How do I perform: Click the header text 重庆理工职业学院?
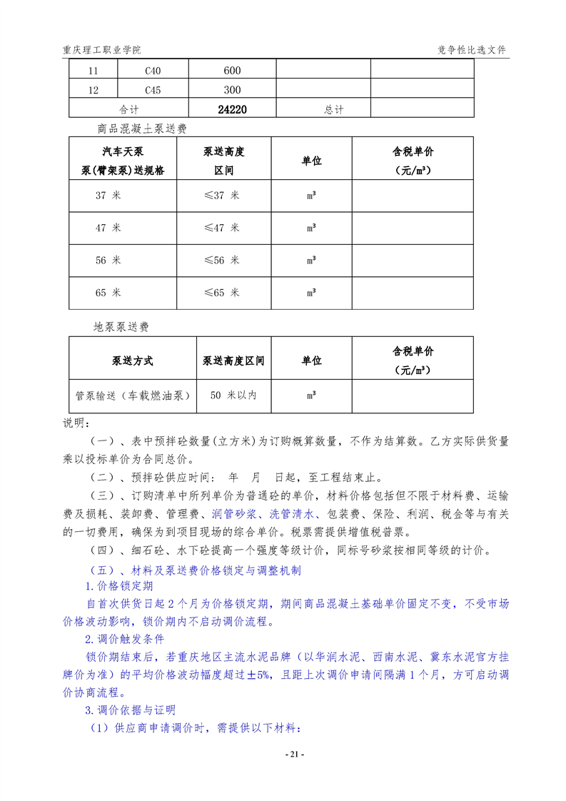[101, 50]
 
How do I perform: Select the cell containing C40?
[153, 71]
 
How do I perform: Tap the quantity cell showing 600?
[232, 71]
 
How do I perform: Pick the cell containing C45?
[153, 90]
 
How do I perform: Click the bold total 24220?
[232, 110]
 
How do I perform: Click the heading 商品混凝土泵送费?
[142, 129]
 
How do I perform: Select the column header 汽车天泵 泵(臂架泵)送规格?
[123, 162]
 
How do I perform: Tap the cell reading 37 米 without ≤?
[108, 195]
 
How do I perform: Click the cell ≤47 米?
[221, 228]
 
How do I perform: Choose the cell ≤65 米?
[221, 293]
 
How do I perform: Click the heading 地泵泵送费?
[121, 327]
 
